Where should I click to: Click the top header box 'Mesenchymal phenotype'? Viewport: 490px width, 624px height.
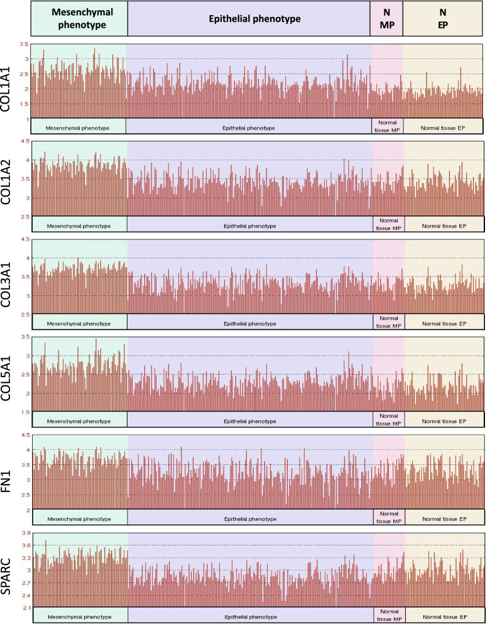[x=79, y=18]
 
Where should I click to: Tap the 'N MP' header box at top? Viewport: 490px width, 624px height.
[x=386, y=18]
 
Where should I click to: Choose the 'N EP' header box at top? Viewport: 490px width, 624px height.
[x=443, y=18]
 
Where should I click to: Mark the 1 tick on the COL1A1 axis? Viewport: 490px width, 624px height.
[x=26, y=119]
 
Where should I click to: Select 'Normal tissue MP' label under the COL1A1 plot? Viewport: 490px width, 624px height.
[x=388, y=126]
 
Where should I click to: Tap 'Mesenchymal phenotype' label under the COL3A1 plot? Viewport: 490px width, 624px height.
[x=79, y=323]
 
